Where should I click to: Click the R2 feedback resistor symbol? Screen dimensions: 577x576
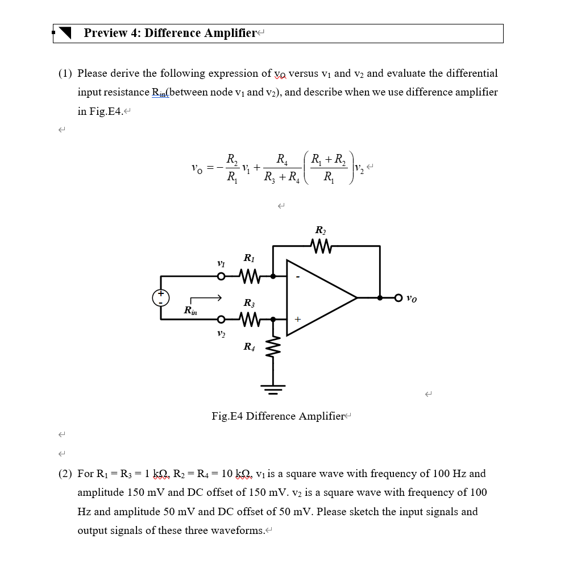321,246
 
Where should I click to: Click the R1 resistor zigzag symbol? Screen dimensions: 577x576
251,276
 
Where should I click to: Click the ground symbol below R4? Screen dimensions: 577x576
273,389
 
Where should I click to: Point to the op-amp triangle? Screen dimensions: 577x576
318,297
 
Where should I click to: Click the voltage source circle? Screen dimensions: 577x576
161,297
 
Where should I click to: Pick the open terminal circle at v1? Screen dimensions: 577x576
221,276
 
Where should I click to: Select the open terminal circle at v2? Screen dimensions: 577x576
221,320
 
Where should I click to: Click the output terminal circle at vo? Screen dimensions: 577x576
398,297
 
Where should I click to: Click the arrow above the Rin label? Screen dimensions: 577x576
205,298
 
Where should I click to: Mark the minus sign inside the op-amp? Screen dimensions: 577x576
297,277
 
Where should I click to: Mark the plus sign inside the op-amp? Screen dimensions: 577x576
297,320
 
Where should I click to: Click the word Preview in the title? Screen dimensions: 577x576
106,33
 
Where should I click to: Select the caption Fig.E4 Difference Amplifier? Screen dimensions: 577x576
278,416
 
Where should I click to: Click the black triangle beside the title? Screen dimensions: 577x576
65,34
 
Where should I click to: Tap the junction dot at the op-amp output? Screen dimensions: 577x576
380,297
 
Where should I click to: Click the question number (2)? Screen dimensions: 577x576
66,474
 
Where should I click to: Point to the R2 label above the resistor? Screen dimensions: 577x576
321,230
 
